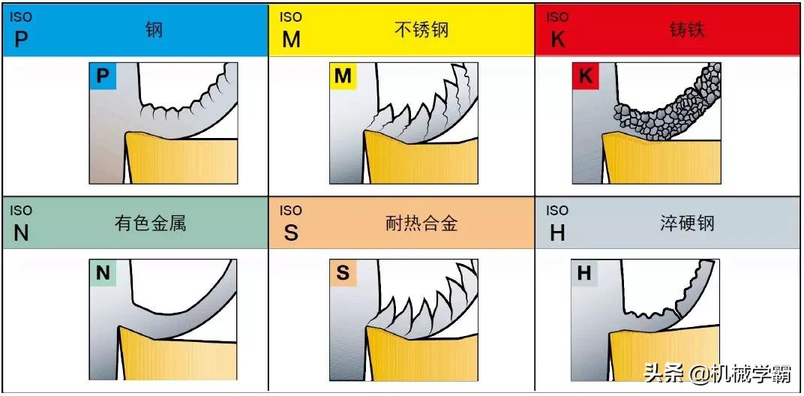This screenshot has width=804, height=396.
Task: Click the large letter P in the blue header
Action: click(21, 38)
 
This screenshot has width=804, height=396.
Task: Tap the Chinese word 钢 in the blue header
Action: click(154, 30)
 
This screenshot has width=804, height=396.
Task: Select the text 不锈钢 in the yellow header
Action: click(422, 30)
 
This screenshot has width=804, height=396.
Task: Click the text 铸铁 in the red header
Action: click(687, 30)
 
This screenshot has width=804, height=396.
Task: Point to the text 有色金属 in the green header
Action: click(150, 223)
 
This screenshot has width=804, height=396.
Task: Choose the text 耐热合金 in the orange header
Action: click(421, 223)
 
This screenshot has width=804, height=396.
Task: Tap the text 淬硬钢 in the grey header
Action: click(687, 223)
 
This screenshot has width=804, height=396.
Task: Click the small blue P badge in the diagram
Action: click(103, 76)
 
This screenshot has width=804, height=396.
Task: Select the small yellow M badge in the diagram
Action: click(343, 76)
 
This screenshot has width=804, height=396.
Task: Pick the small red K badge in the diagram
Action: click(586, 76)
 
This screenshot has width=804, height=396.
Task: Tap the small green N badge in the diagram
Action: click(103, 273)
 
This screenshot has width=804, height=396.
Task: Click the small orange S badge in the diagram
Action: click(343, 273)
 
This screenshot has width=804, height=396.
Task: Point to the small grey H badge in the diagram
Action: click(584, 273)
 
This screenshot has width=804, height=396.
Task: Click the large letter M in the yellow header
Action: click(291, 38)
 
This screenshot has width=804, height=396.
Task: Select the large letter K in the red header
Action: click(557, 38)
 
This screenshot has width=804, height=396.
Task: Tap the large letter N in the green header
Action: click(21, 233)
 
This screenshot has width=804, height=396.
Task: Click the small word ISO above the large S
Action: click(291, 211)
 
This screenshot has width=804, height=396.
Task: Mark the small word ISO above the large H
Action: click(556, 211)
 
